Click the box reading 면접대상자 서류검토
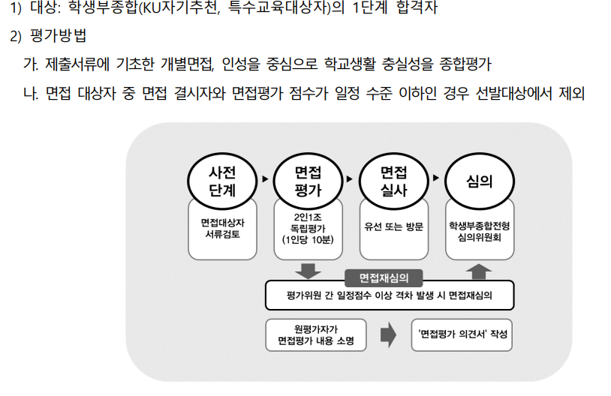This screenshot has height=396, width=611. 222,228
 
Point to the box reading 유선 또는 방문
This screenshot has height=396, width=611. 394,225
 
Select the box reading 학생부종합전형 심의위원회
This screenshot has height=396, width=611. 480,229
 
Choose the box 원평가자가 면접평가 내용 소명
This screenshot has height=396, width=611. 315,335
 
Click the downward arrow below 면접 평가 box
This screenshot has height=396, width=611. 309,269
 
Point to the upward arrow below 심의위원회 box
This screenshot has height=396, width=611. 480,269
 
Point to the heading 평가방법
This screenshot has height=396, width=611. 59,37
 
